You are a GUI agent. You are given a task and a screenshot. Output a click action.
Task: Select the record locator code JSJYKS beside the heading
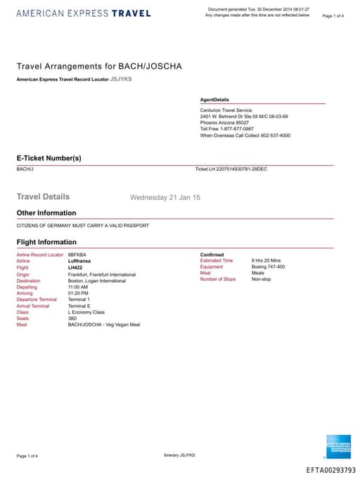coord(121,79)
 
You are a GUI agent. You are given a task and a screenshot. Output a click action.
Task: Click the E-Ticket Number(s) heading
coord(49,158)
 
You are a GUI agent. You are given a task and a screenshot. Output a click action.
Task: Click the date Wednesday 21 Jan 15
coord(165,198)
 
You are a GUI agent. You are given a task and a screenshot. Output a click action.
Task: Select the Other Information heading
coord(46,212)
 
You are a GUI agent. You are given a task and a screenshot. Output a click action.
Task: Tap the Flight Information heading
coord(46,242)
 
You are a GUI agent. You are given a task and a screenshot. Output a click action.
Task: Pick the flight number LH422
coord(75,267)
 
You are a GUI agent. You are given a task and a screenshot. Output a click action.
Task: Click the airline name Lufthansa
coord(79,261)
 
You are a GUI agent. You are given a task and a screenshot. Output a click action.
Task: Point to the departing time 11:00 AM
coord(78,287)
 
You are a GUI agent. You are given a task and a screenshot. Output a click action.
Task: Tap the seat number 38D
coord(72,318)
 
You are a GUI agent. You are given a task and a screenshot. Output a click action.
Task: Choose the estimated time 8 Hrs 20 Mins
coord(266,261)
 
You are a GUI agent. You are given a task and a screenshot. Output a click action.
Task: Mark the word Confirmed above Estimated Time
coord(212,254)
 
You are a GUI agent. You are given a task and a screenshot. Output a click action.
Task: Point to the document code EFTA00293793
coord(330,470)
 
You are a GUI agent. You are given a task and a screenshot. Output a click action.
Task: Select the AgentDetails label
coord(214,100)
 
